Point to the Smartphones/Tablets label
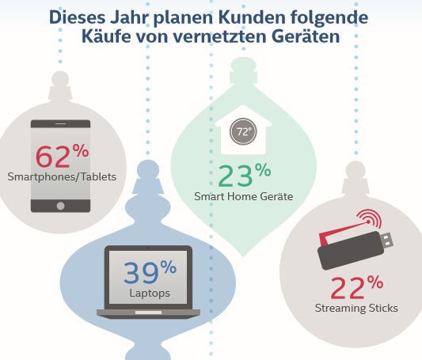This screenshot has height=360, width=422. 62,176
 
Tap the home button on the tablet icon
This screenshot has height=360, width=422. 61,203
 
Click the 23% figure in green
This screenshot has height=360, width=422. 240,173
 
